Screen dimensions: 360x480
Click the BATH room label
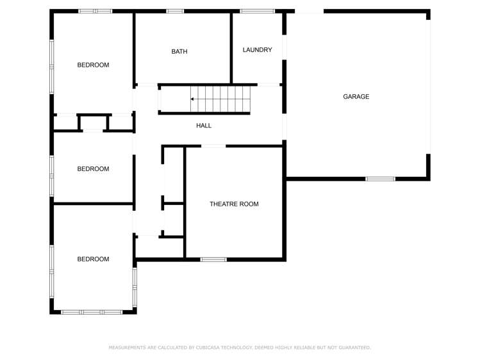(x=179, y=52)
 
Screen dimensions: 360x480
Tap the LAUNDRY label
(x=257, y=50)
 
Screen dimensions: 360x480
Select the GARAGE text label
(x=356, y=97)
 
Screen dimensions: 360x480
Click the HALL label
(x=204, y=126)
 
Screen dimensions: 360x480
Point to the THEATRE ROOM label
(x=234, y=204)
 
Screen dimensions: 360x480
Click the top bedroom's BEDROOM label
(x=93, y=65)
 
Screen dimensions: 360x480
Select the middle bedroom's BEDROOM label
(x=93, y=169)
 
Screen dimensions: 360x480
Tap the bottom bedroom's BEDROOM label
(x=93, y=259)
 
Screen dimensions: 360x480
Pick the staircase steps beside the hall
(x=221, y=99)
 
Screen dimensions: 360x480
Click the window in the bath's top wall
(x=175, y=11)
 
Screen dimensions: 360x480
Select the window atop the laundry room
(x=257, y=11)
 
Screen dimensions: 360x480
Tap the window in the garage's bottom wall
(x=380, y=179)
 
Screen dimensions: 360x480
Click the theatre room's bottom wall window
(x=213, y=259)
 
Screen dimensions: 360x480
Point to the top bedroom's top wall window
(x=95, y=11)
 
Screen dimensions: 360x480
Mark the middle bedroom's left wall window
(x=52, y=175)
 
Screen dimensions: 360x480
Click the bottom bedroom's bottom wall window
(x=92, y=312)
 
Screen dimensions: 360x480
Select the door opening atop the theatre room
(x=213, y=147)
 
